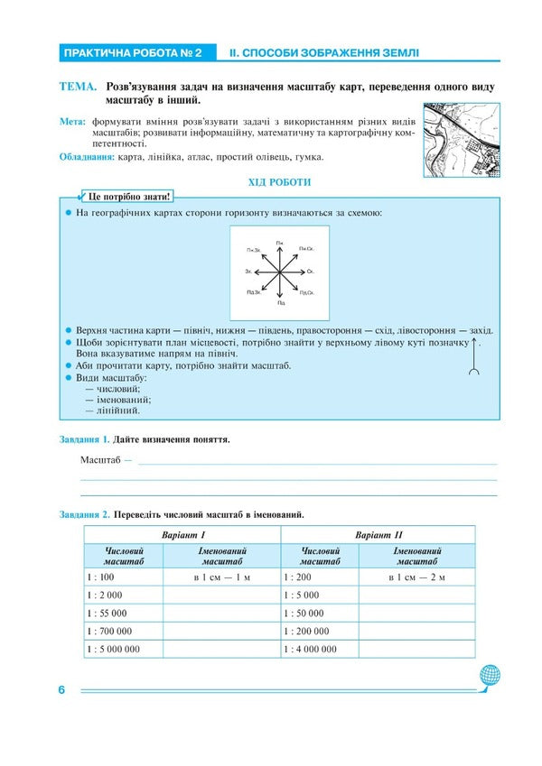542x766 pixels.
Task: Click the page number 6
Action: coord(61,690)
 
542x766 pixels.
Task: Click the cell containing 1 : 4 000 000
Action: coord(320,649)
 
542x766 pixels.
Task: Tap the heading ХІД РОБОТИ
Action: coord(279,182)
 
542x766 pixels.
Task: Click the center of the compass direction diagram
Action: coord(281,271)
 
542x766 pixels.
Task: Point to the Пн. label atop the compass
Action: coord(281,243)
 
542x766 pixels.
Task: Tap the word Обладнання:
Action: coord(87,157)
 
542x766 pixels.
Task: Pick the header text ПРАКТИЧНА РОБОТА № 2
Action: coord(132,53)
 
